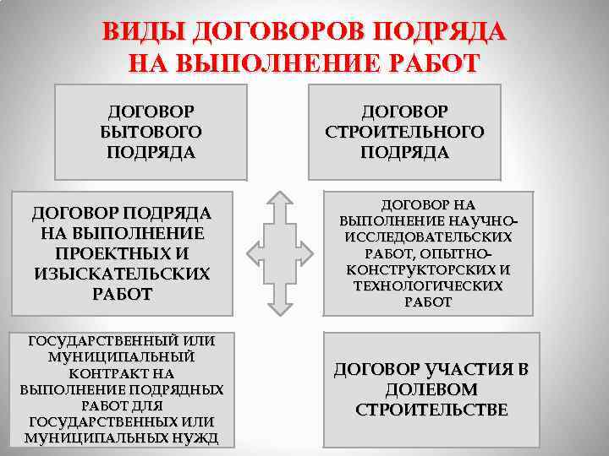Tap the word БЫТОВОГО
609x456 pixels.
pyautogui.click(x=151, y=132)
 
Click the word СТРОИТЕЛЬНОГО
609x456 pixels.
pyautogui.click(x=404, y=132)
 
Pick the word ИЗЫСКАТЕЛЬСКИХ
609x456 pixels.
pyautogui.click(x=122, y=274)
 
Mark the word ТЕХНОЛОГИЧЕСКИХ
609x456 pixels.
pyautogui.click(x=428, y=286)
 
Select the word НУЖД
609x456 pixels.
pyautogui.click(x=196, y=437)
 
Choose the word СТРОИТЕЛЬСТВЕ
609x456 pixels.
pyautogui.click(x=431, y=410)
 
